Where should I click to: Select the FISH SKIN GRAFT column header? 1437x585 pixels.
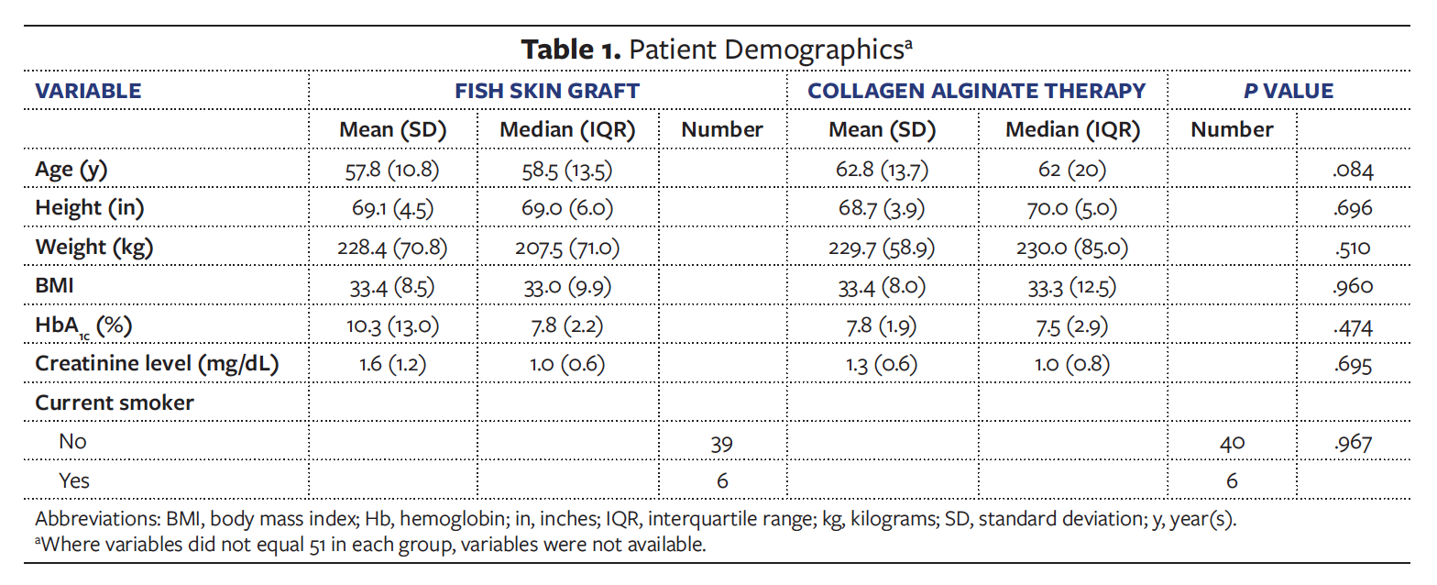point(547,91)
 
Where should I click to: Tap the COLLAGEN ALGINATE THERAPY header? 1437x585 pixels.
point(976,91)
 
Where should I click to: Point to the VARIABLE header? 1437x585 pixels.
point(88,91)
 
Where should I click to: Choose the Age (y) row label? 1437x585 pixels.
point(76,169)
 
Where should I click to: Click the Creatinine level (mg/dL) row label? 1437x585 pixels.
point(157,364)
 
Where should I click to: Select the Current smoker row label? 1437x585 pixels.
point(115,403)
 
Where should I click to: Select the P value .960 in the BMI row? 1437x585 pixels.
point(1353,286)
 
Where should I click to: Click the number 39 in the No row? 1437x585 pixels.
point(722,442)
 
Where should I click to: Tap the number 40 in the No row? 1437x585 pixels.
point(1232,442)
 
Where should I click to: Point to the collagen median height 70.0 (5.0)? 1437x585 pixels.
point(1072,208)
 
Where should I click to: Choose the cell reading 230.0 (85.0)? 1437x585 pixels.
point(1072,247)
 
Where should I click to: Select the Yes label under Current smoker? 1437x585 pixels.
point(74,480)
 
